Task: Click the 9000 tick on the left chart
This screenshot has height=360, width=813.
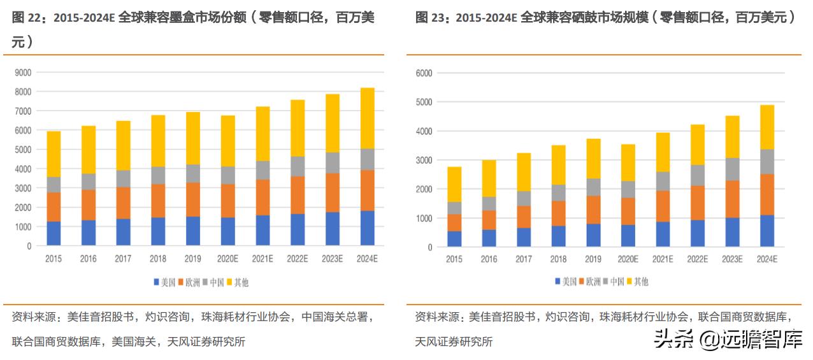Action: point(24,73)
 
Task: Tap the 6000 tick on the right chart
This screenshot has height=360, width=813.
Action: point(424,73)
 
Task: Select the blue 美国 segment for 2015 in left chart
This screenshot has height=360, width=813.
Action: point(54,233)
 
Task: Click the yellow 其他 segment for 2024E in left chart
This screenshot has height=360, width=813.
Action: point(368,119)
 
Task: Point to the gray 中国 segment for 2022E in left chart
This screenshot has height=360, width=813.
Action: point(298,166)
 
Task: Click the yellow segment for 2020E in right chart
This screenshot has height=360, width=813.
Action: point(628,162)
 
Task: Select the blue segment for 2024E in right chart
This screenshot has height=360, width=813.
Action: point(767,231)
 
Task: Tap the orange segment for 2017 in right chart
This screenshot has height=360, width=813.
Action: point(524,217)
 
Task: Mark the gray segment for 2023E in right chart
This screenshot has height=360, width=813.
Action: point(732,169)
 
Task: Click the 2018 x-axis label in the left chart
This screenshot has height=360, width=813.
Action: point(159,259)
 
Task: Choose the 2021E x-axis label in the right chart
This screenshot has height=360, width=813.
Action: point(663,259)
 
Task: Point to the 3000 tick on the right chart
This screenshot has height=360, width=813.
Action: point(424,160)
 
